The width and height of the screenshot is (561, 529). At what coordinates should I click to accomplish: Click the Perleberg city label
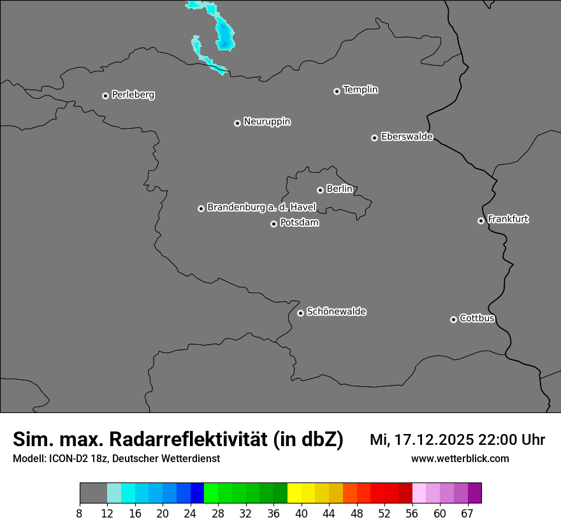coord(133,95)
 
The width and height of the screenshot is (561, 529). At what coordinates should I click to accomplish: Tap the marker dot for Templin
coord(337,91)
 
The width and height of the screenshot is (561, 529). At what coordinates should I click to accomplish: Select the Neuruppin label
coord(267,122)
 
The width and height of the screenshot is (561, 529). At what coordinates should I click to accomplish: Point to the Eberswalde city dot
coord(374,138)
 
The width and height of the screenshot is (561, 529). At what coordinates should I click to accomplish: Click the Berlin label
coord(339,189)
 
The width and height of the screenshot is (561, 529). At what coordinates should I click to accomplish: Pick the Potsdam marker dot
coord(273,224)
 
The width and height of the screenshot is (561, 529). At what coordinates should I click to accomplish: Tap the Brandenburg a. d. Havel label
coord(261,208)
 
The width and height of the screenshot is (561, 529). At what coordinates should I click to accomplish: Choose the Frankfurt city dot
coord(481,221)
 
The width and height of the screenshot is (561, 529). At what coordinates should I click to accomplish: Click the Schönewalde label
coord(337,312)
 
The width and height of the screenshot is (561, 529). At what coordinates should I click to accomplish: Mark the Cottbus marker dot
coord(453,319)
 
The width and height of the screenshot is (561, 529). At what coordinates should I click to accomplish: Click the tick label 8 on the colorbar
coord(80,513)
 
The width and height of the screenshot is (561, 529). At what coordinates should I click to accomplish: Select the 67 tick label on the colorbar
coord(467,513)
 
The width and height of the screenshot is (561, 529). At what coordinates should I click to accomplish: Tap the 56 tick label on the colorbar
coord(412,513)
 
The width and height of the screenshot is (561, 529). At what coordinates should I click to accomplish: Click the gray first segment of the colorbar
coord(93,493)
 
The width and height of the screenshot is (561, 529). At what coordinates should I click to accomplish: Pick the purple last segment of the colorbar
coord(475,493)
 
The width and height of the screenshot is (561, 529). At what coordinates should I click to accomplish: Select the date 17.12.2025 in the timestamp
coord(433,440)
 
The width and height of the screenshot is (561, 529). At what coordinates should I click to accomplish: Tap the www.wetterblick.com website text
coord(460,459)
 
